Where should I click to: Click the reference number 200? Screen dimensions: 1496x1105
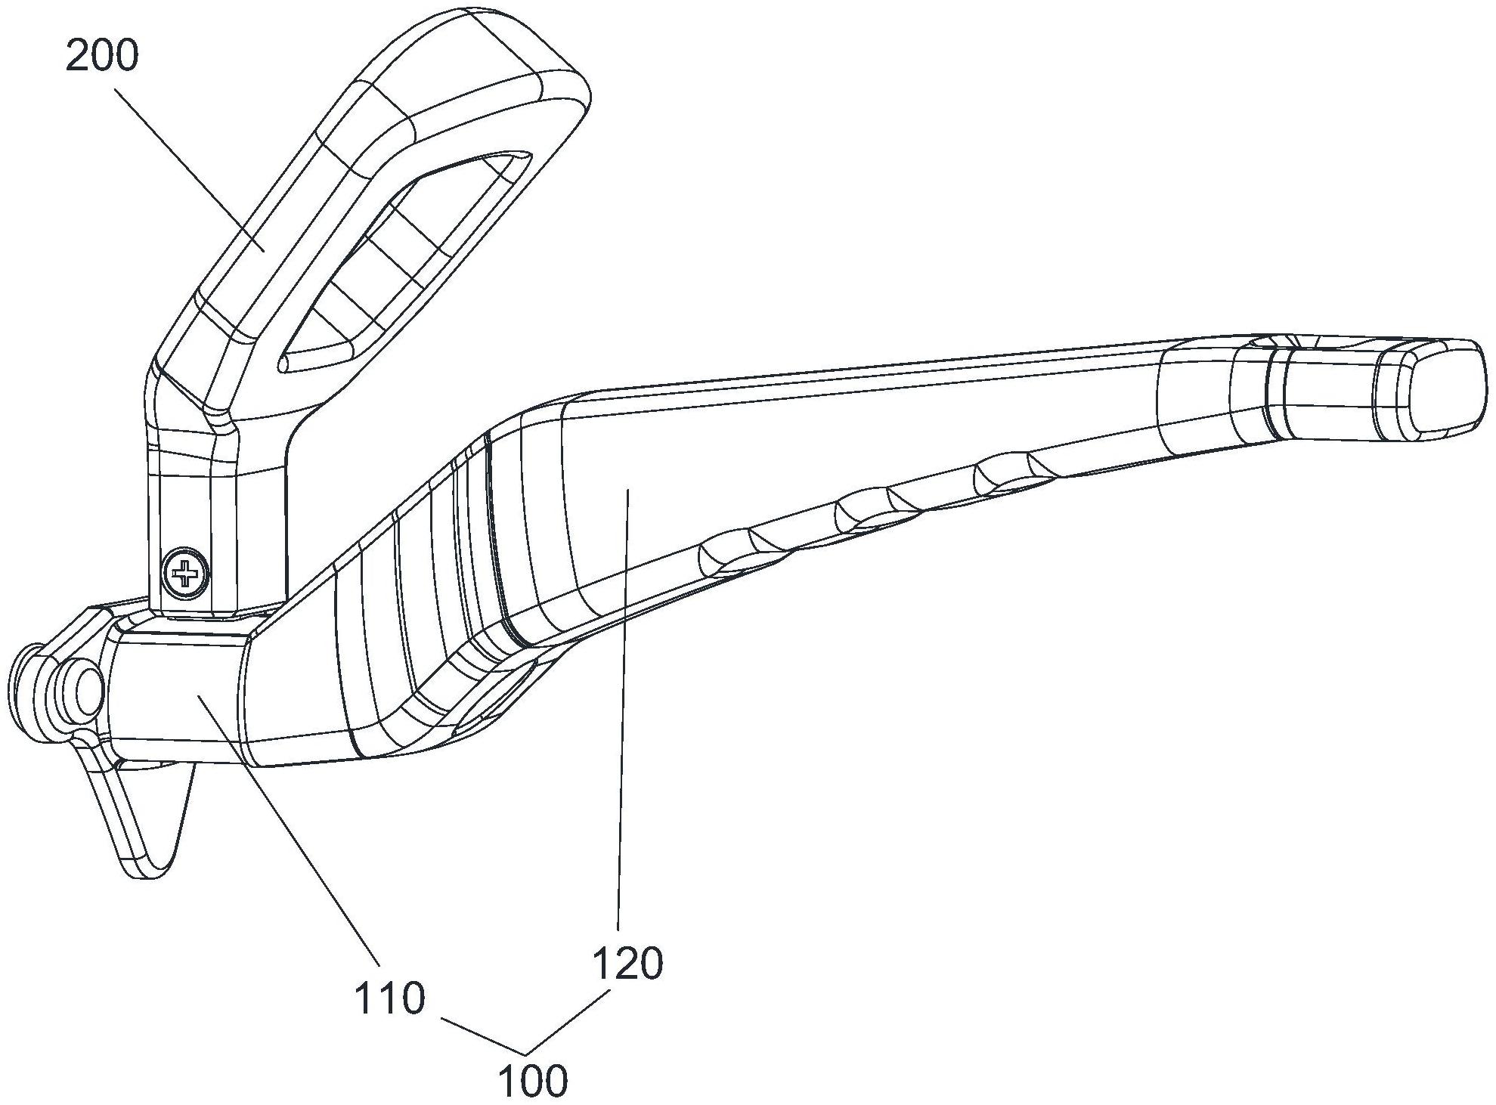(x=102, y=56)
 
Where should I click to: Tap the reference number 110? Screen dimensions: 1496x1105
(x=389, y=998)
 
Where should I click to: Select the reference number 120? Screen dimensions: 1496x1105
(x=627, y=964)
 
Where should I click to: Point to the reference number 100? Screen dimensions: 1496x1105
(x=533, y=1081)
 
